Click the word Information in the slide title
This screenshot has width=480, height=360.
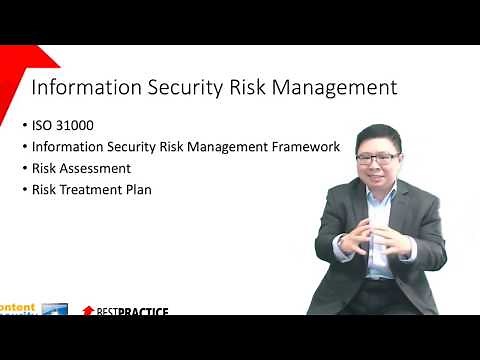pos(82,87)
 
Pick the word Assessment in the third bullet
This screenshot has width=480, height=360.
pos(96,168)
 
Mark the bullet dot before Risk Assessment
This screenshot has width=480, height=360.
pos(24,169)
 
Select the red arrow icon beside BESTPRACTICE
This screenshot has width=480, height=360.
pos(88,312)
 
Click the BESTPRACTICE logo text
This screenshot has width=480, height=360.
pos(132,312)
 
